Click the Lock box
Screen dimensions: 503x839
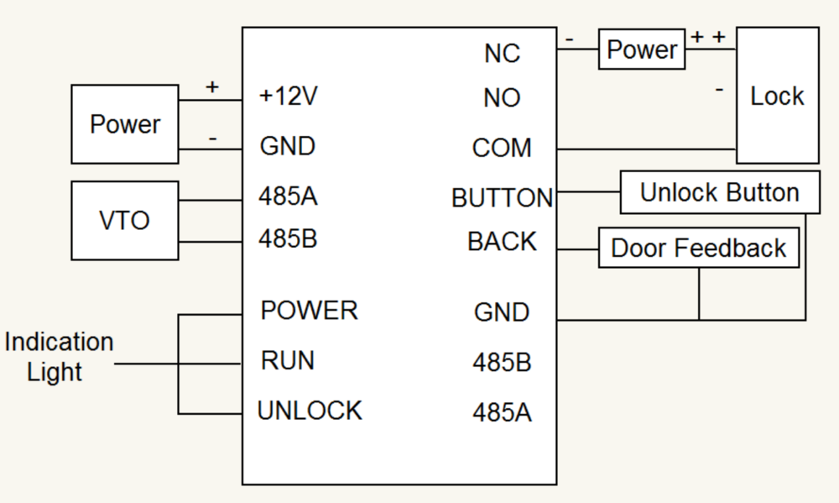click(x=777, y=96)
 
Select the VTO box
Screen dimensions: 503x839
click(x=125, y=220)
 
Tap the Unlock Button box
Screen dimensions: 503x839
click(x=719, y=192)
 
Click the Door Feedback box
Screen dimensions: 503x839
click(x=698, y=248)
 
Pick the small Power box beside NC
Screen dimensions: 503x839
click(x=642, y=50)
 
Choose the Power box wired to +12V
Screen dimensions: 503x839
click(x=124, y=124)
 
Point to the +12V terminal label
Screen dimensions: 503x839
click(x=289, y=97)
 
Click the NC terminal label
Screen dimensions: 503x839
click(x=502, y=54)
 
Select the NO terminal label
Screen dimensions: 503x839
click(x=502, y=98)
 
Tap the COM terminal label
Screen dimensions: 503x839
click(x=502, y=149)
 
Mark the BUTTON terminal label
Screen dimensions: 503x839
click(x=502, y=198)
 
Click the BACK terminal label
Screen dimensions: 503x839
click(x=502, y=242)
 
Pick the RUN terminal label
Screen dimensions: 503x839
click(x=288, y=361)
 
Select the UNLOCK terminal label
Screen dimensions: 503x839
click(x=310, y=411)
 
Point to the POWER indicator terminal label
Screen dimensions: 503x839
click(x=309, y=311)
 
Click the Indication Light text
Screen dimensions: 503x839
click(x=58, y=357)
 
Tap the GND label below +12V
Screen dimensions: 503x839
click(x=288, y=146)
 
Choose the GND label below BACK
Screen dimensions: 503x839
click(x=502, y=312)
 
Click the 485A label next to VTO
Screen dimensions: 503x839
click(x=288, y=197)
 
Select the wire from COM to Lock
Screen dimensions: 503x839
click(x=646, y=150)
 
